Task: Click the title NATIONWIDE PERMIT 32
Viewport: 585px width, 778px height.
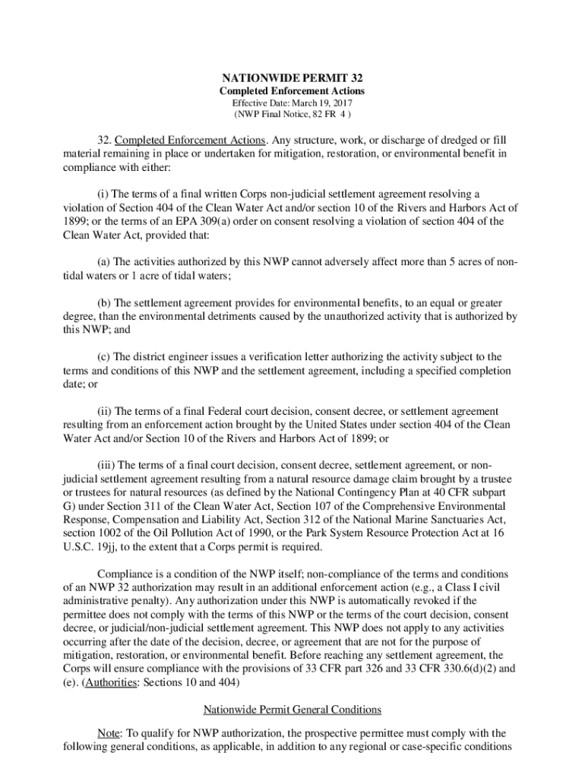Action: pyautogui.click(x=292, y=79)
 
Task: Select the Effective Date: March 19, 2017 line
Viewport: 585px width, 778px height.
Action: pyautogui.click(x=292, y=103)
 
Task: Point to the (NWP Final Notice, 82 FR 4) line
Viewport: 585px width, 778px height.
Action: pyautogui.click(x=292, y=115)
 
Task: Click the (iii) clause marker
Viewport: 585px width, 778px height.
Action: pyautogui.click(x=109, y=464)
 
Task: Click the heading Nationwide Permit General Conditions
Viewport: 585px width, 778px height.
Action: pyautogui.click(x=292, y=710)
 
